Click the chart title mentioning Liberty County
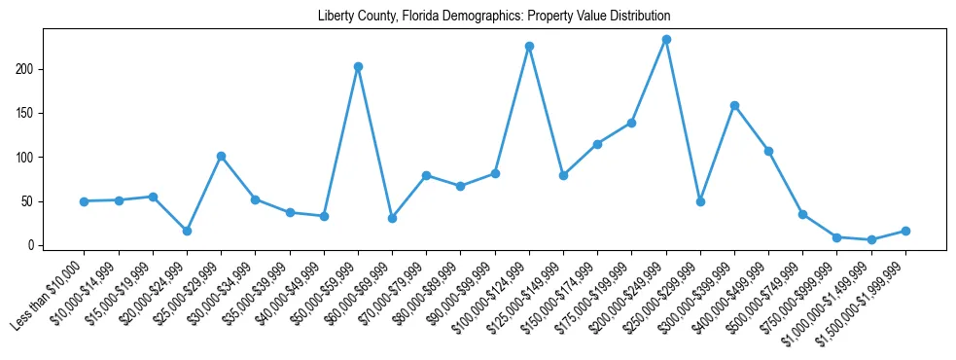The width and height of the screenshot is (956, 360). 494,17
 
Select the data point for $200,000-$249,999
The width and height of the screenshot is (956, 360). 666,40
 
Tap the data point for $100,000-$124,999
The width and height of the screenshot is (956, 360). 529,46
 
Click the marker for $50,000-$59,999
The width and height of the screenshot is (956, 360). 358,66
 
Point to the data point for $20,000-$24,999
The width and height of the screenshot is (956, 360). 187,231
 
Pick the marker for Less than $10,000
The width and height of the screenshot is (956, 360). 84,201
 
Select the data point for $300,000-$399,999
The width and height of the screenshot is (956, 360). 734,105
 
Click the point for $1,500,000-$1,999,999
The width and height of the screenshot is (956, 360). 905,231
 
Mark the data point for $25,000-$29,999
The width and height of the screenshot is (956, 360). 221,156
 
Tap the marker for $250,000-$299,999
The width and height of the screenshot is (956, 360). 700,201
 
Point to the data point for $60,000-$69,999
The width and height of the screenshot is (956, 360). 392,218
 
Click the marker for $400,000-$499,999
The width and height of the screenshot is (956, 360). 768,151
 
